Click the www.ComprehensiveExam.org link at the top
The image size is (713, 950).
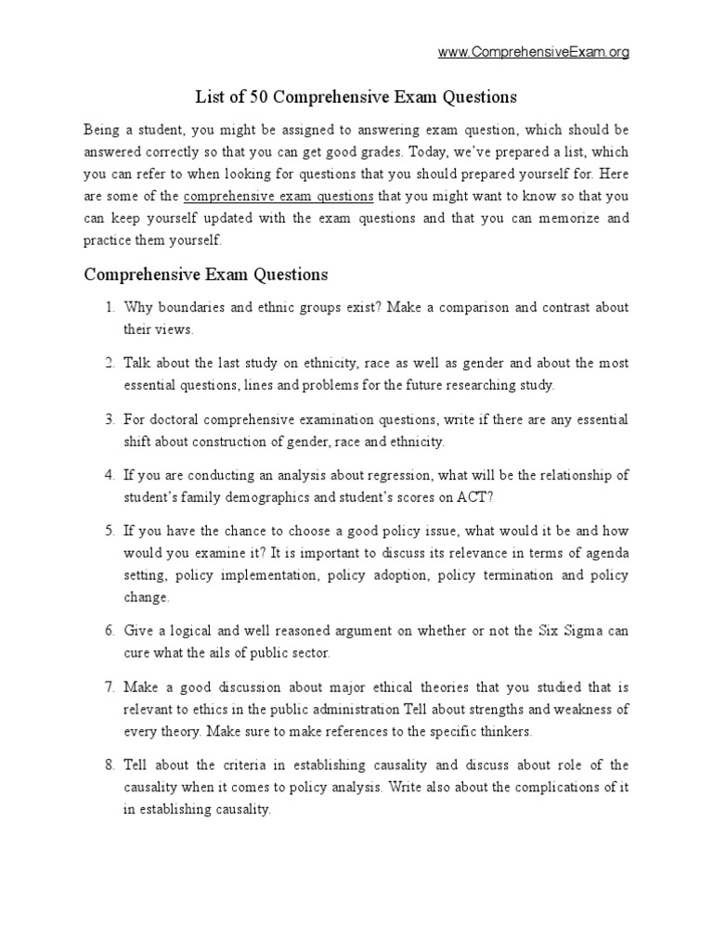tap(534, 53)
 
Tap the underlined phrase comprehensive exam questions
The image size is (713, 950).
tap(279, 197)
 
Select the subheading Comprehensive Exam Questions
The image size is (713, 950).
tap(206, 275)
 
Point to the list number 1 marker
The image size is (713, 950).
tap(109, 308)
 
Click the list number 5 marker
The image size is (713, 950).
tap(109, 531)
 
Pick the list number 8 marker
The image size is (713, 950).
tap(109, 765)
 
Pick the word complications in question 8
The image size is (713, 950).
tap(557, 788)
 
